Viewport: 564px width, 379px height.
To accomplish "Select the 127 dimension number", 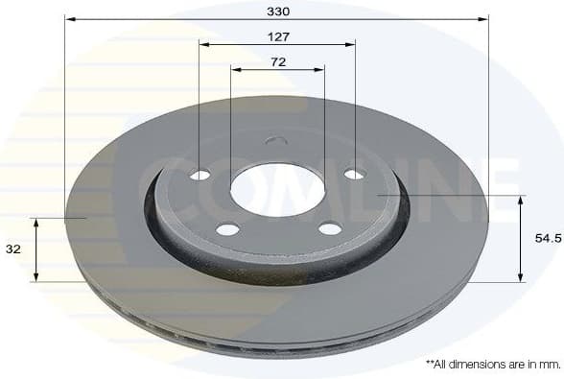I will pyautogui.click(x=276, y=36).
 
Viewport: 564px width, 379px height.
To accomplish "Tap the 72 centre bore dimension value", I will pyautogui.click(x=277, y=61).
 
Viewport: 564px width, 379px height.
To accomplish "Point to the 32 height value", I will pyautogui.click(x=12, y=249).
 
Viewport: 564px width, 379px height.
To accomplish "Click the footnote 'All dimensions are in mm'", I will pyautogui.click(x=492, y=365).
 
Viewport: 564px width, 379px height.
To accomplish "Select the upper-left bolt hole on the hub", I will pyautogui.click(x=200, y=175).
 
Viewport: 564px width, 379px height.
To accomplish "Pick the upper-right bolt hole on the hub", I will pyautogui.click(x=354, y=174).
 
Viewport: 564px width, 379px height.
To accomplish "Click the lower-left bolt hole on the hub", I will pyautogui.click(x=227, y=228).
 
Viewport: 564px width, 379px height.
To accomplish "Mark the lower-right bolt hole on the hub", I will pyautogui.click(x=329, y=228).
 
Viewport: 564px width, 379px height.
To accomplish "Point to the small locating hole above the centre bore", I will pyautogui.click(x=276, y=143).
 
